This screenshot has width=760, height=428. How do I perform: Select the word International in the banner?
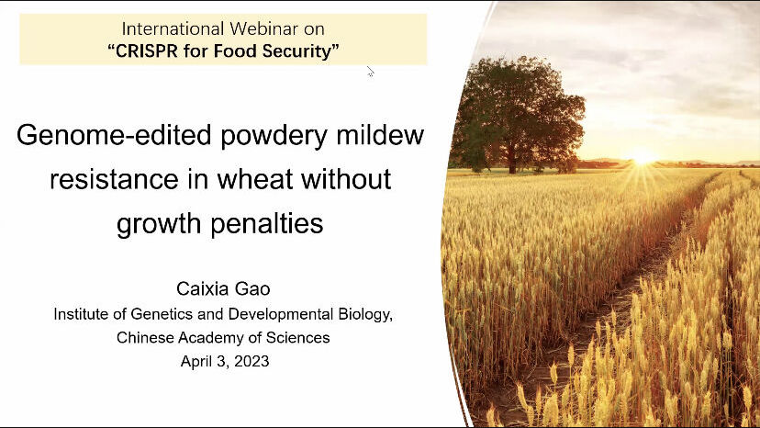click(173, 28)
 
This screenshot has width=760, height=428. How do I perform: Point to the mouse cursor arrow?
click(370, 72)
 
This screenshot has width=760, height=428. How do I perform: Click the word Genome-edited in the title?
click(114, 135)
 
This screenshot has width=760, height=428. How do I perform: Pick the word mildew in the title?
click(380, 134)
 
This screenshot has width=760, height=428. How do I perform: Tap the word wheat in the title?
click(255, 178)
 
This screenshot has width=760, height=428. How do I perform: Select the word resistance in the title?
click(114, 179)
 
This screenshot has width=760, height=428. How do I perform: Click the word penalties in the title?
click(267, 223)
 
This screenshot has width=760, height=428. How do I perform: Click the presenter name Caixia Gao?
click(223, 288)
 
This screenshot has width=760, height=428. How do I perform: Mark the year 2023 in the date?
click(251, 361)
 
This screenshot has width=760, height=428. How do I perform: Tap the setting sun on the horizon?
click(643, 158)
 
